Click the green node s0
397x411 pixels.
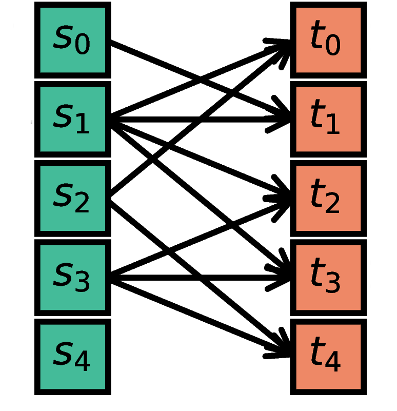(x=72, y=40)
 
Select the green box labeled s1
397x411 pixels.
(x=72, y=119)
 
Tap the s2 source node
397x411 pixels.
(x=72, y=198)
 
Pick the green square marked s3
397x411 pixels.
(x=72, y=278)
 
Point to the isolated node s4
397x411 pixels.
(x=72, y=357)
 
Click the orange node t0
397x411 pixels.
(x=328, y=40)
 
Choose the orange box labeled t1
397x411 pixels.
(x=328, y=119)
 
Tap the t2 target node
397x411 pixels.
(x=328, y=198)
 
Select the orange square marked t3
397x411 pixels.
(x=328, y=278)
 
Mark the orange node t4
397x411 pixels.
(x=328, y=357)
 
